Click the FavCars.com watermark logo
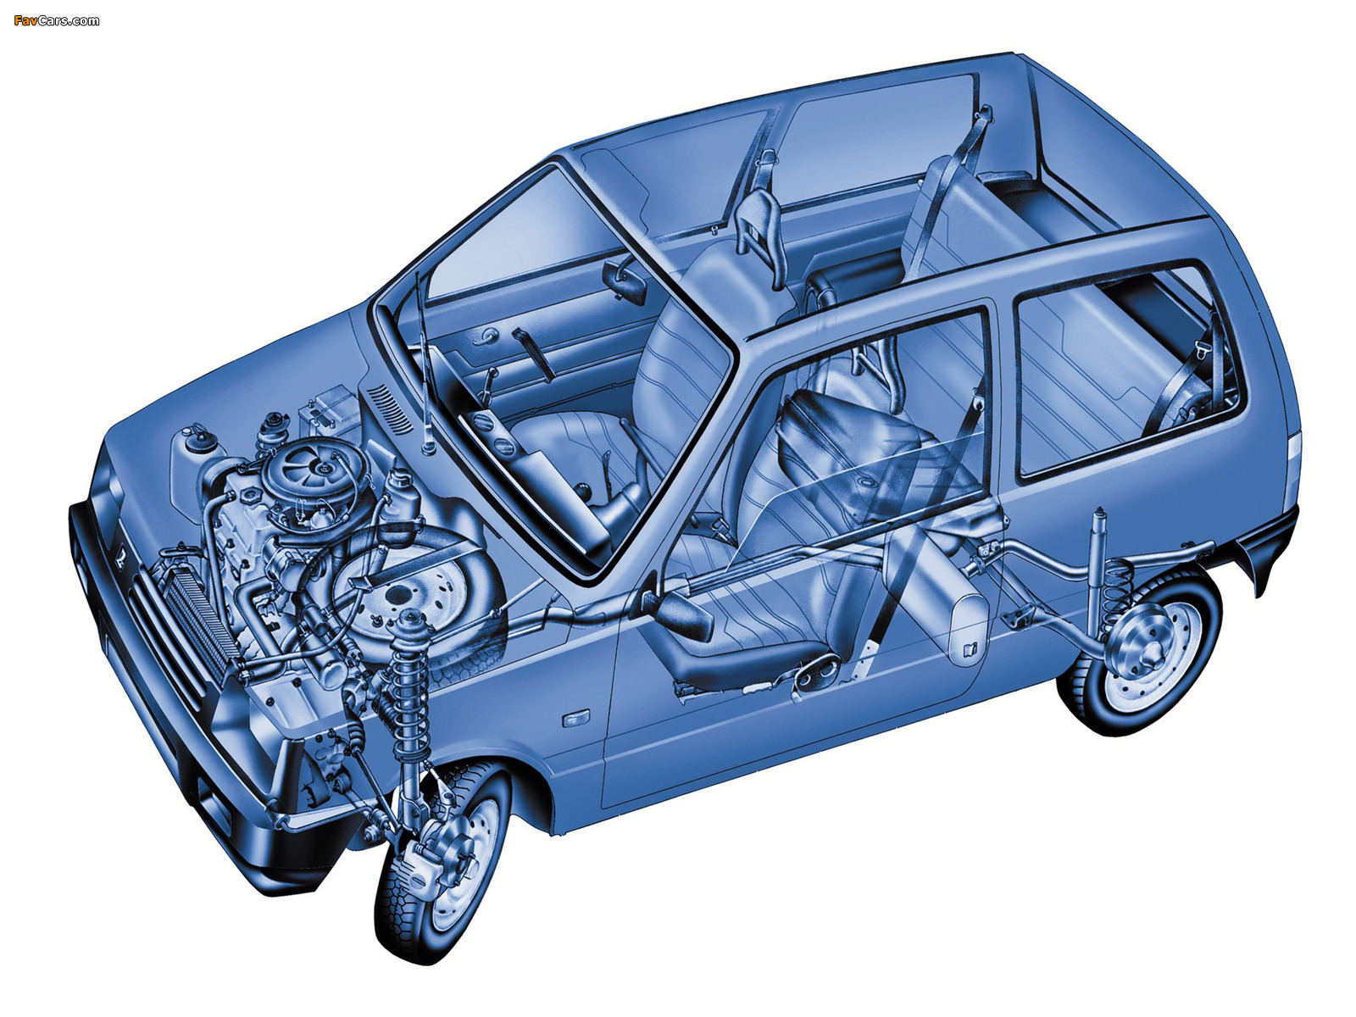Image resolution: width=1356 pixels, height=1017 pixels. click(56, 21)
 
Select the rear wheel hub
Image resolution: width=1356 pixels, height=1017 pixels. click(1150, 649)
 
